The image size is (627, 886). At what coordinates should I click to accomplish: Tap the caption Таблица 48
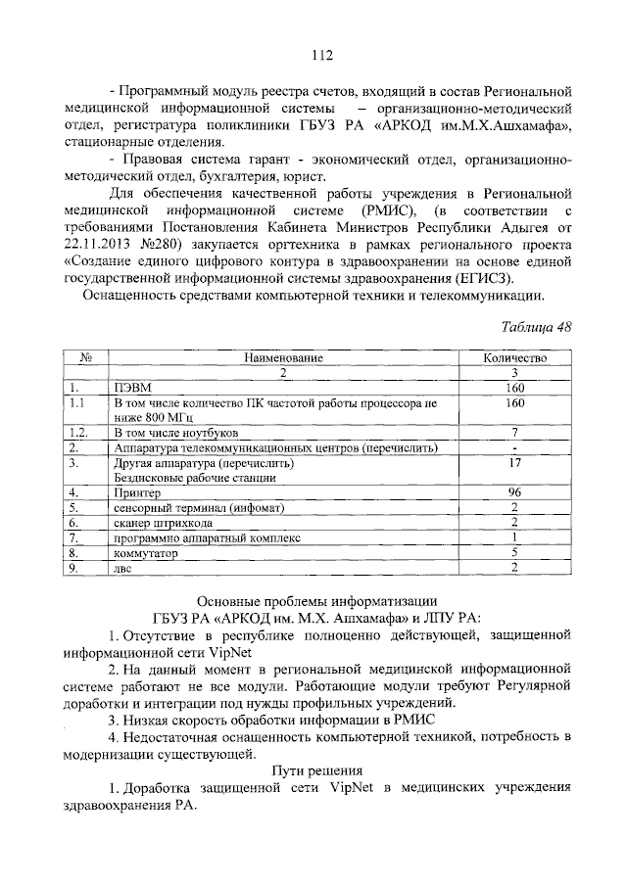coord(536,326)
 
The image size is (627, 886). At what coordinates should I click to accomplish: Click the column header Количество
coord(514,359)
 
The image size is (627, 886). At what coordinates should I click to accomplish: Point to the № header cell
coord(85,359)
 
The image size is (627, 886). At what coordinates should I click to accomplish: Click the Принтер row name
coord(138,492)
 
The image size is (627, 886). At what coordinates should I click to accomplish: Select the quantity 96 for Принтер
coord(514,492)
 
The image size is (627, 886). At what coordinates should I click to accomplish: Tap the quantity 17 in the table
coord(514,463)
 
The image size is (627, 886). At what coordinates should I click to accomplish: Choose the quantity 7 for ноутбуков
coord(514,432)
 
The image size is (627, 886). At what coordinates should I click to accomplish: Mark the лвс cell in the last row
coord(121,569)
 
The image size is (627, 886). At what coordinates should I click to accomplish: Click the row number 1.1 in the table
coord(78,402)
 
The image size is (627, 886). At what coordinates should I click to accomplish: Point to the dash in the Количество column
coord(514,447)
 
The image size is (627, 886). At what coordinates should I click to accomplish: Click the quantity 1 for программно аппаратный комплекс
coord(514,537)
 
